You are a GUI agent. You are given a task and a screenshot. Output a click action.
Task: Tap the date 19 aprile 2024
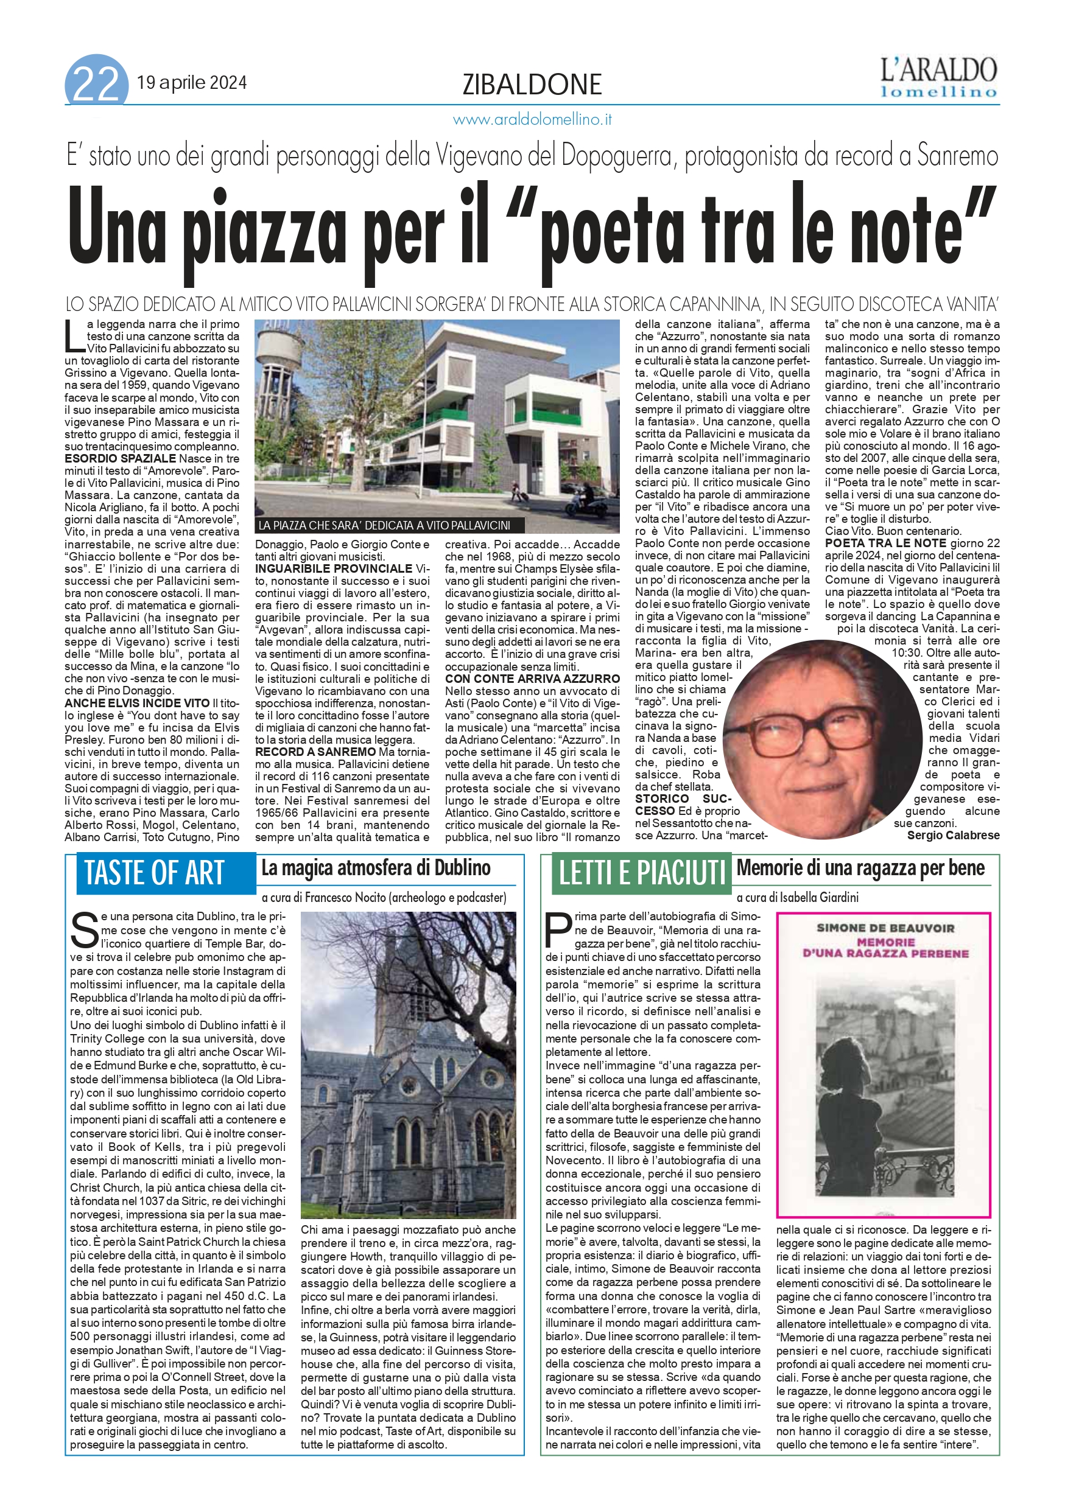click(x=191, y=83)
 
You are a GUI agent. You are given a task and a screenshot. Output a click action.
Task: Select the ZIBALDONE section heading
click(x=532, y=85)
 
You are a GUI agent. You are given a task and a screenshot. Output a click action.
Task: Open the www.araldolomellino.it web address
click(x=532, y=120)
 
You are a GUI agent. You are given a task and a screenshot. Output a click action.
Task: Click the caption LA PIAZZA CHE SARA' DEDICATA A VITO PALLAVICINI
click(x=384, y=525)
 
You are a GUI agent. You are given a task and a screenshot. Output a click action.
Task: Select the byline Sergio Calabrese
click(x=952, y=835)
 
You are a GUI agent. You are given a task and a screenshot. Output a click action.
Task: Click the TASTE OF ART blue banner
click(x=155, y=873)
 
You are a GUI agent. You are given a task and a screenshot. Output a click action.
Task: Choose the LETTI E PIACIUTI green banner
click(x=641, y=873)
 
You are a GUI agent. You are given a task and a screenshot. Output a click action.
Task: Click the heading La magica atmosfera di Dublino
click(x=376, y=868)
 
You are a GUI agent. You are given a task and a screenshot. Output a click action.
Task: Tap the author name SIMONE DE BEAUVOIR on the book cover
click(x=885, y=928)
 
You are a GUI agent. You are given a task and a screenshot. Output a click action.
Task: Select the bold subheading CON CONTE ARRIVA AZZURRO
click(x=532, y=679)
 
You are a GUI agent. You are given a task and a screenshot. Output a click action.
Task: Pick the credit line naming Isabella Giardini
click(x=797, y=897)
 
